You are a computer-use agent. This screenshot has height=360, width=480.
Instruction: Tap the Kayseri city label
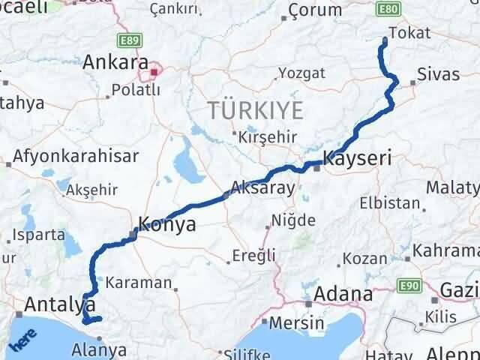coord(357,159)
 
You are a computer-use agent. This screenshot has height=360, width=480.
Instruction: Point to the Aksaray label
coord(263,188)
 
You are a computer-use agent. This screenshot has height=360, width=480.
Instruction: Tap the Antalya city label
coord(60,304)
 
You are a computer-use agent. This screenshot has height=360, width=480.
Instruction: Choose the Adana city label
coord(344,294)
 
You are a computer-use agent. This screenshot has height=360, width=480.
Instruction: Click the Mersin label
coord(299,322)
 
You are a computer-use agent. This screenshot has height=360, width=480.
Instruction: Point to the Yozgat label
coord(301,73)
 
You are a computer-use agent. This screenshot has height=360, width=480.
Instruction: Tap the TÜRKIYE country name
coord(256,111)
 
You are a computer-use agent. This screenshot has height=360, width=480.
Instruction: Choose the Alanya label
coord(98,349)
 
